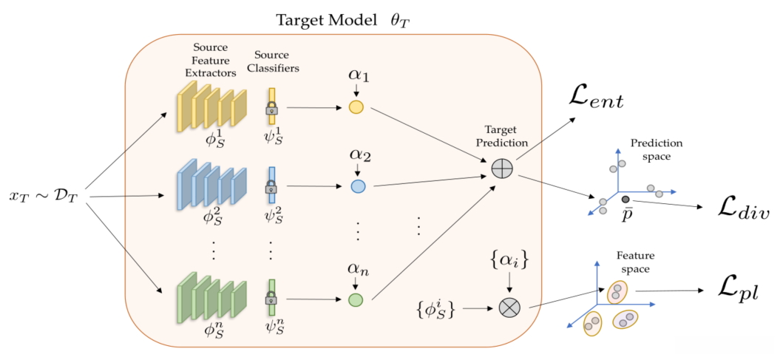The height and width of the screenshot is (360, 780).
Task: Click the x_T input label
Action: point(45,197)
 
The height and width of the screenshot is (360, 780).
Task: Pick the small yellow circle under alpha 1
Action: point(356,107)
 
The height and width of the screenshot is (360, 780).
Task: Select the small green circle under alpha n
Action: point(356,299)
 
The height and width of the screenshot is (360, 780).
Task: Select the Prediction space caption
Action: point(657,148)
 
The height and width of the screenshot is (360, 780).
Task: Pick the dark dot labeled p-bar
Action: point(625,200)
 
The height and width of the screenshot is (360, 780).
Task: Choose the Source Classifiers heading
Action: point(272,61)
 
